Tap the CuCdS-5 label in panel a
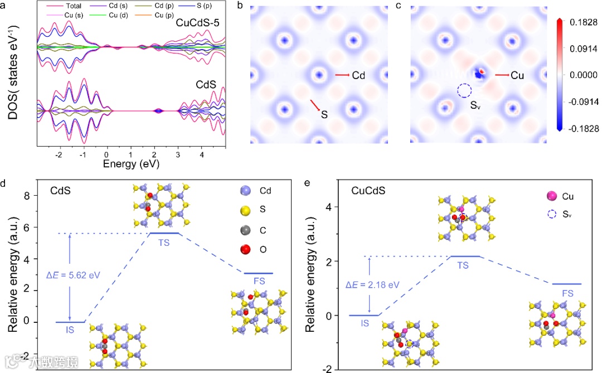(x=199, y=23)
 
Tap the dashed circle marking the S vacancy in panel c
(x=464, y=91)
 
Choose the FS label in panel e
(x=567, y=293)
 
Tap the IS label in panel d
(x=70, y=331)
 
